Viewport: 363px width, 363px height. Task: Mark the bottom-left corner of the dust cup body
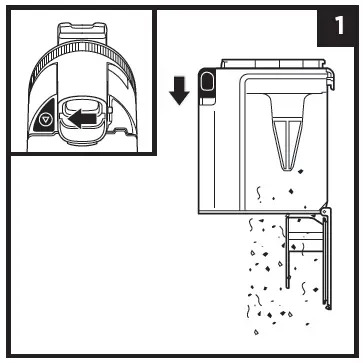(202, 213)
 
